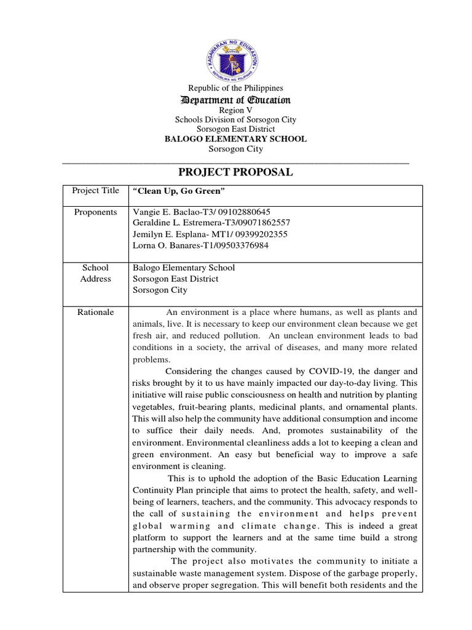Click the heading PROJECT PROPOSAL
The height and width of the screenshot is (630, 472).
coord(235,172)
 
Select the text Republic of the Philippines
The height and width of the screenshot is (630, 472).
coord(235,89)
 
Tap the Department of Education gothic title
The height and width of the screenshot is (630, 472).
coord(235,100)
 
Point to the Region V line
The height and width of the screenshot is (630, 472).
coord(235,110)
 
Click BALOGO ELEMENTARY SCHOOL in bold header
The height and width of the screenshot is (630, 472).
coord(235,139)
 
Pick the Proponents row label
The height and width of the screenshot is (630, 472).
coord(95,212)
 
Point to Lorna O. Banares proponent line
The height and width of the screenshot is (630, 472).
coord(200,245)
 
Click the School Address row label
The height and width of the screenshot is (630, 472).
coord(95,273)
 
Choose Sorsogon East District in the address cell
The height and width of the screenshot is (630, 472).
coord(176,279)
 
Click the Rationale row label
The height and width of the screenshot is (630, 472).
coord(95,313)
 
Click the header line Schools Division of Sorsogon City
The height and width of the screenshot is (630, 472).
coord(235,120)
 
